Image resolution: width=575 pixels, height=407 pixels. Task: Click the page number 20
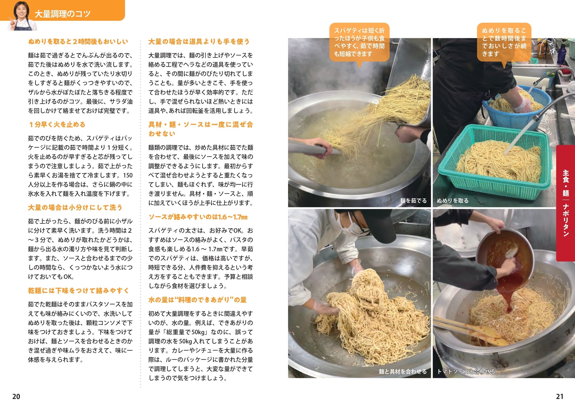(x=16, y=396)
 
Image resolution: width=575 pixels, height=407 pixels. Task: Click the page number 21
(x=560, y=396)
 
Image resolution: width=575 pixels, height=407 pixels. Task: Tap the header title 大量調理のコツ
(x=62, y=14)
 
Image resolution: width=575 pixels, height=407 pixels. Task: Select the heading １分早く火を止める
(x=57, y=125)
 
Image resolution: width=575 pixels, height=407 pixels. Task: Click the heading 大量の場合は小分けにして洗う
(x=75, y=207)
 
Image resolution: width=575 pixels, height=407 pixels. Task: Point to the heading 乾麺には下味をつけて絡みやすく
(x=79, y=291)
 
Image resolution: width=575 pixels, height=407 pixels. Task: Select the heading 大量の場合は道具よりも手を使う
(x=199, y=42)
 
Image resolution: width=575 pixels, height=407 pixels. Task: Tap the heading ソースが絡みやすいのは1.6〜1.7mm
(x=198, y=217)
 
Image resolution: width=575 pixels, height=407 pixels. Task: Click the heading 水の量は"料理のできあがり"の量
(x=198, y=300)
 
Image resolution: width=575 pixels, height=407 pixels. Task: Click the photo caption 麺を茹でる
(x=413, y=201)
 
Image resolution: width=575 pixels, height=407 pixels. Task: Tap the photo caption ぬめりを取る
(x=453, y=201)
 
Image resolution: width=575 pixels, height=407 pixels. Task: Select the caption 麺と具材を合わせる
(x=403, y=372)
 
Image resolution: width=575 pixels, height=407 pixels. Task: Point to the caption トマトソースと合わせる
(x=466, y=372)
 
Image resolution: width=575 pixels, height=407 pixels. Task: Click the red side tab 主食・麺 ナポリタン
(x=566, y=203)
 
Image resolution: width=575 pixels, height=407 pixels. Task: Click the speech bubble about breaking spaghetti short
(x=359, y=42)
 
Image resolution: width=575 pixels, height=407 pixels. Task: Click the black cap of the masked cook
(x=374, y=223)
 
